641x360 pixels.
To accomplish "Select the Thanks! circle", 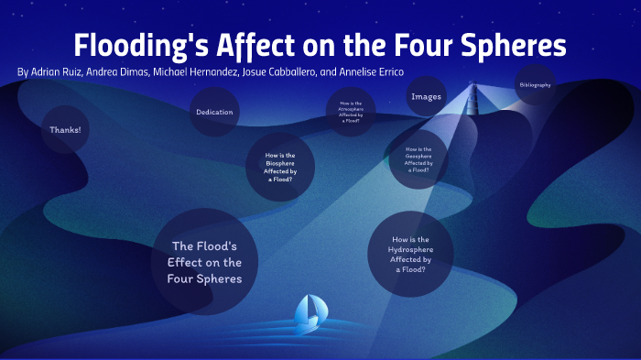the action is pyautogui.click(x=65, y=130).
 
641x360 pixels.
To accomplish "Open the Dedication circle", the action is pyautogui.click(x=214, y=113).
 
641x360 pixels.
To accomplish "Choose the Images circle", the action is pyautogui.click(x=427, y=96).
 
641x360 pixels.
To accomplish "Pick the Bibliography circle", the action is pyautogui.click(x=535, y=85).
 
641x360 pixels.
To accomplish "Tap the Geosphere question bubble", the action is pyautogui.click(x=418, y=159).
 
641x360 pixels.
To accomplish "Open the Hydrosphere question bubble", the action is pyautogui.click(x=410, y=254).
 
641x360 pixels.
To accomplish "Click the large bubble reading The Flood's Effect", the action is pyautogui.click(x=205, y=262).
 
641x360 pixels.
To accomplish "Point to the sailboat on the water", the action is pyautogui.click(x=307, y=313).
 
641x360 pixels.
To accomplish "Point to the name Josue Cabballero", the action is pyautogui.click(x=277, y=71).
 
